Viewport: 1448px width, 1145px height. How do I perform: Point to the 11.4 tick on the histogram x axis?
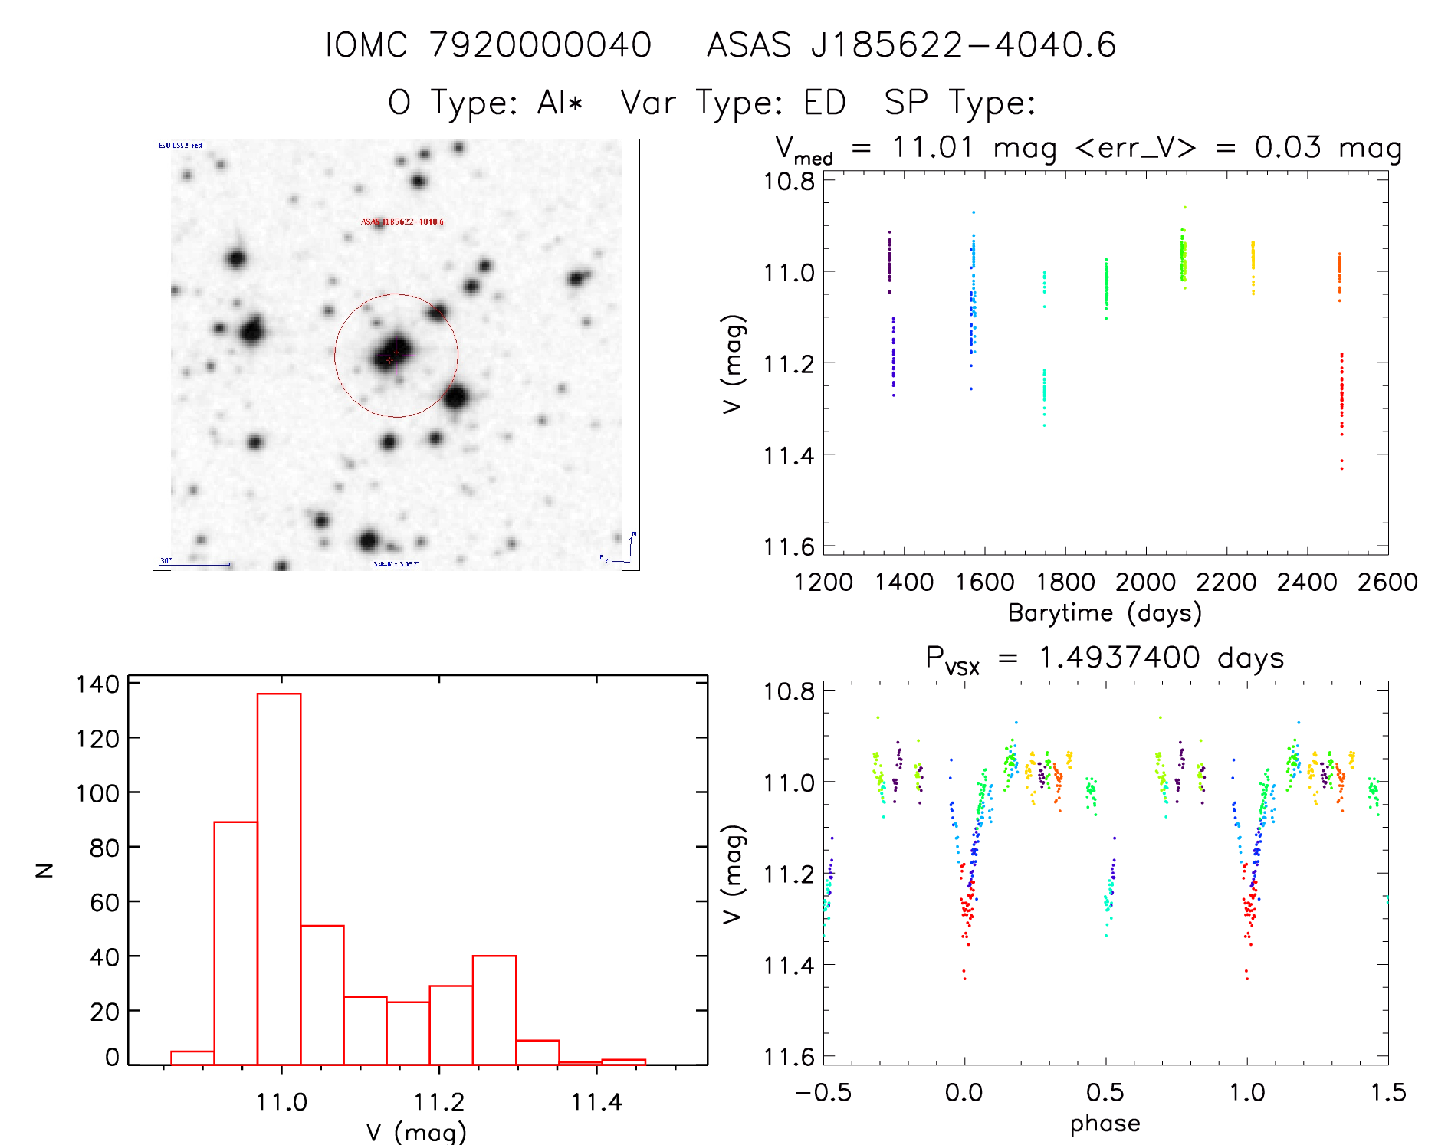596,1102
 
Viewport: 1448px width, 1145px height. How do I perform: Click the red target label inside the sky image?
402,222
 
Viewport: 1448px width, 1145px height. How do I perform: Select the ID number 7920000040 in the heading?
540,45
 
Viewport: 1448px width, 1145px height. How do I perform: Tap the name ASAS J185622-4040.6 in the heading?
911,45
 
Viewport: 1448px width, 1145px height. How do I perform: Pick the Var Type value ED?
825,103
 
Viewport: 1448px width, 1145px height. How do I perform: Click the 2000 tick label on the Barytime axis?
1145,582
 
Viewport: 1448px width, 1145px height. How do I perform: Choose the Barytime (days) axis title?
1105,613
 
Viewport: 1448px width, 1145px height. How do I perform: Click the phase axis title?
1105,1124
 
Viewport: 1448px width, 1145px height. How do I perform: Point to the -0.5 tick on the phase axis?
823,1092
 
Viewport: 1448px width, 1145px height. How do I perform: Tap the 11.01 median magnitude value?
933,147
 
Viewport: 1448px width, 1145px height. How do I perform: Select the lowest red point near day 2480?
1341,468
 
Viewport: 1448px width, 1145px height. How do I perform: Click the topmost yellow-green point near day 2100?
1184,207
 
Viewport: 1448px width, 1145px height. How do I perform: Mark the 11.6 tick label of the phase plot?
789,1057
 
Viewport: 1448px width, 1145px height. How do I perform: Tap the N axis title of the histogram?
45,870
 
